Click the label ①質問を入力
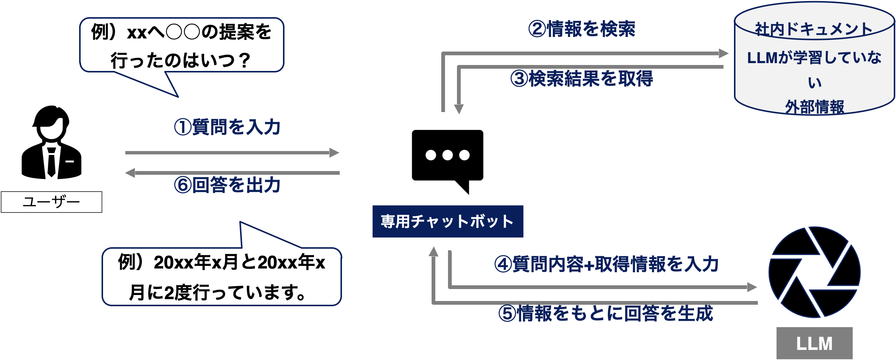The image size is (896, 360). (227, 127)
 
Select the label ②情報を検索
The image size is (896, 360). (581, 29)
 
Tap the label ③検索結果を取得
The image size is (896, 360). (581, 79)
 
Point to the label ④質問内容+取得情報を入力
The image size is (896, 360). (606, 264)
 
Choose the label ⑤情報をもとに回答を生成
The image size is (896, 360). (605, 313)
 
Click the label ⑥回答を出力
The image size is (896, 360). (227, 185)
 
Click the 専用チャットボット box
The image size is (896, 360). (448, 221)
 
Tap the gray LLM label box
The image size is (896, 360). (814, 343)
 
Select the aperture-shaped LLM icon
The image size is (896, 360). (814, 272)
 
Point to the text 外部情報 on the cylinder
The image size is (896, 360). (814, 107)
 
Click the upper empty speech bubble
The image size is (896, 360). (182, 45)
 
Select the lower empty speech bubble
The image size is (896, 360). (222, 276)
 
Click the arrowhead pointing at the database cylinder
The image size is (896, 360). (724, 53)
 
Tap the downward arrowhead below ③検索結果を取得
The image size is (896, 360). (458, 109)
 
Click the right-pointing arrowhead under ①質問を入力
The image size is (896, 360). (334, 153)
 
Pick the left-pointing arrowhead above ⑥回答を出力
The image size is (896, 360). (130, 173)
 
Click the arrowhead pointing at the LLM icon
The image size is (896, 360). (752, 287)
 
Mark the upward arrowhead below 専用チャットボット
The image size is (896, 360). (433, 252)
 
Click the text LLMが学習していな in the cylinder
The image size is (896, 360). (814, 58)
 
